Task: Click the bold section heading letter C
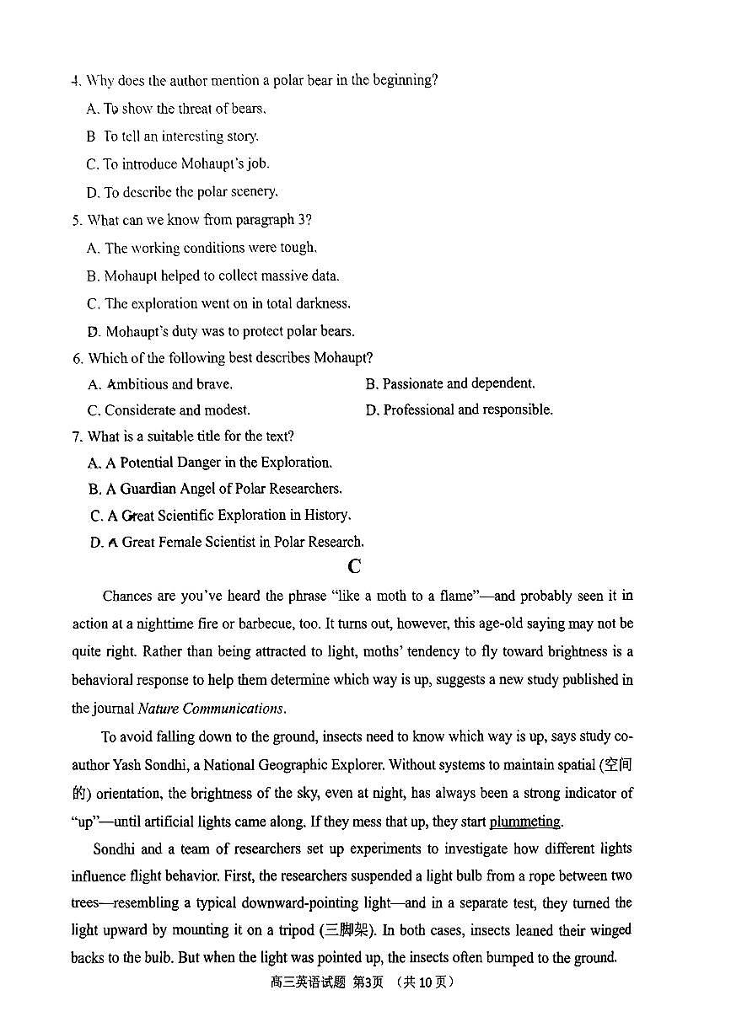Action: tap(354, 567)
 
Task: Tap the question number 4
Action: tap(76, 81)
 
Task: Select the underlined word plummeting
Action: tap(524, 822)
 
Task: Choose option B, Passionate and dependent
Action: tap(450, 384)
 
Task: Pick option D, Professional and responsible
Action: tap(460, 410)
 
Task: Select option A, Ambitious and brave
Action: tap(160, 384)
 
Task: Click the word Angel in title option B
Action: tap(197, 489)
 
